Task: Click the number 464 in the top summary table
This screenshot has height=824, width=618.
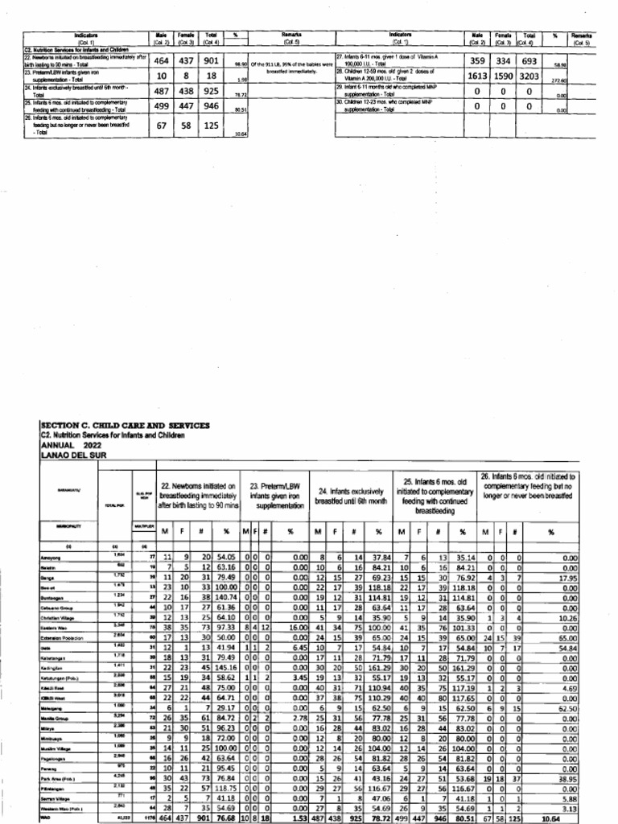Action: pos(159,60)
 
